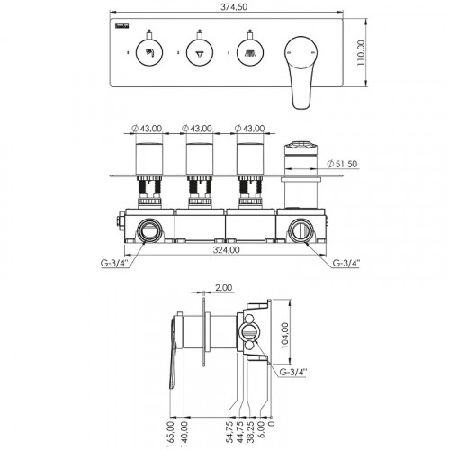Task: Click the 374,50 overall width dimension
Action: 234,6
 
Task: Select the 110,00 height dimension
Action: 361,53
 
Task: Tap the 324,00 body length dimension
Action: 226,249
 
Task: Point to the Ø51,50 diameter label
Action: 342,164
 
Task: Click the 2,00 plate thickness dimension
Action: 224,287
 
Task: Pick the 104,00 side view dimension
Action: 285,335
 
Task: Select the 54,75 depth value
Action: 229,432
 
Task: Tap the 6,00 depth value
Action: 262,429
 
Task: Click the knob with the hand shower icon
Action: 149,53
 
